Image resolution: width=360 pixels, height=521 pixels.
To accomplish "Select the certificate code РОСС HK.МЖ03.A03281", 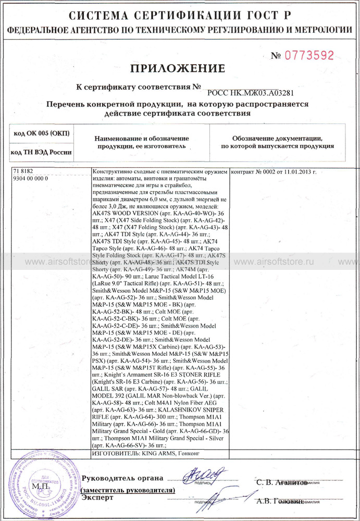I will (251, 93).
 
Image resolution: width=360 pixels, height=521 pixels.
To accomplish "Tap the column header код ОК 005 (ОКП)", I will (42, 133).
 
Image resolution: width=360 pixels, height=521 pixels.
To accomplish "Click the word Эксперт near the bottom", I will (97, 497).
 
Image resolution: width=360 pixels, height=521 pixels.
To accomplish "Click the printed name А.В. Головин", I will (279, 501).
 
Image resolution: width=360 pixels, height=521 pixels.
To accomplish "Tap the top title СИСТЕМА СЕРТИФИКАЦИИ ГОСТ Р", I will (180, 14).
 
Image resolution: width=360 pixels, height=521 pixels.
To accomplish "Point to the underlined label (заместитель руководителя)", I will (128, 490).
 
